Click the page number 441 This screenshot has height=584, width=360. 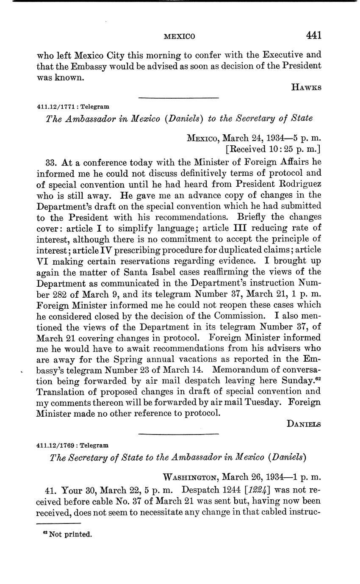tap(314, 35)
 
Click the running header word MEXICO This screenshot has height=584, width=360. tap(179, 36)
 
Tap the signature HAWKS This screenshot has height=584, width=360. tap(306, 88)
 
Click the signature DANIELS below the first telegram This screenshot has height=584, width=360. tap(304, 423)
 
